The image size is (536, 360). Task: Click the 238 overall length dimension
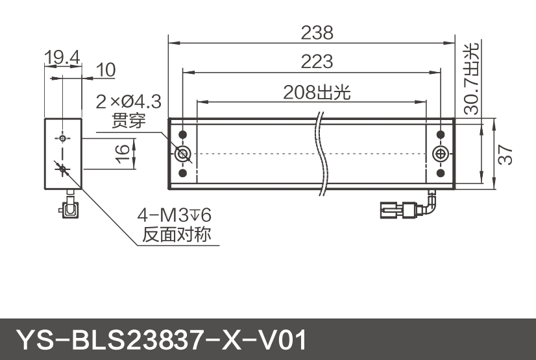pyautogui.click(x=317, y=32)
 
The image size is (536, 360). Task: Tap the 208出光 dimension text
pyautogui.click(x=317, y=92)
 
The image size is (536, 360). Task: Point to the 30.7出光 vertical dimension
pyautogui.click(x=472, y=78)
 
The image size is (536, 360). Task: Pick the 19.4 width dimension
pyautogui.click(x=62, y=58)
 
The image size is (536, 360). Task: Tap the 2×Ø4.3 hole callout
pyautogui.click(x=128, y=102)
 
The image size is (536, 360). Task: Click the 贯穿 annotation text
pyautogui.click(x=128, y=121)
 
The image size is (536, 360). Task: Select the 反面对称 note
pyautogui.click(x=177, y=234)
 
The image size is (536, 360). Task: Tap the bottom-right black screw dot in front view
pyautogui.click(x=440, y=173)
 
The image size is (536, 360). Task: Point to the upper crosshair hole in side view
pyautogui.click(x=62, y=138)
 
